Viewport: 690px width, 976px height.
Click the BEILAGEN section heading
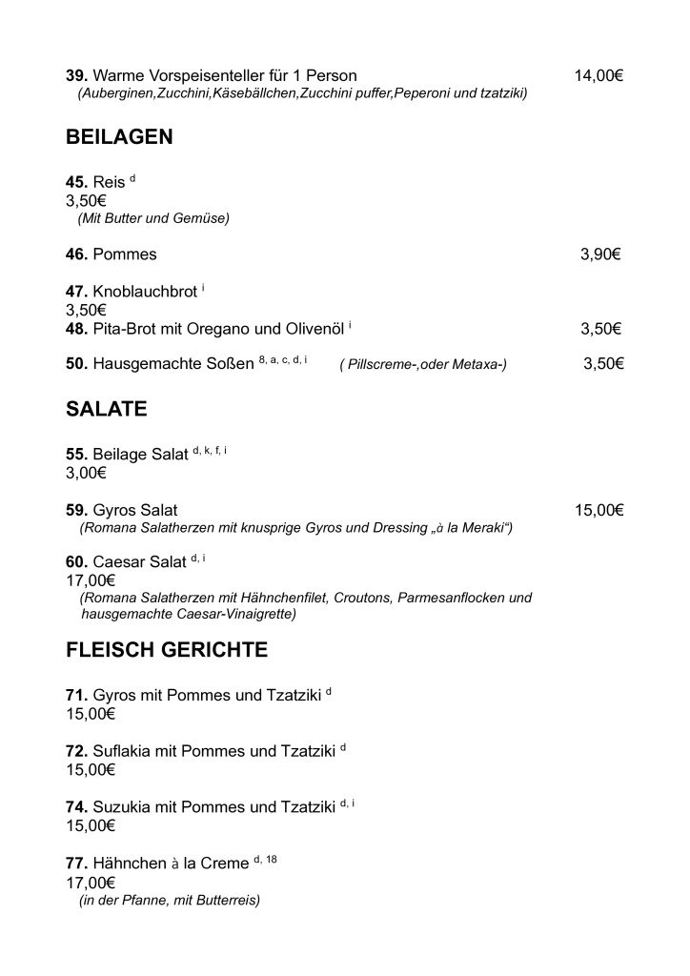coord(119,137)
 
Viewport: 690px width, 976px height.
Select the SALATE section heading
coord(106,410)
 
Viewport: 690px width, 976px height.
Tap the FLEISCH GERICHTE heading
coord(167,651)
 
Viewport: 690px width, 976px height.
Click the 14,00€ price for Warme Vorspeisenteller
coord(599,75)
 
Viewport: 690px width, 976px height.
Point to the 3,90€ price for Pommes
coord(601,254)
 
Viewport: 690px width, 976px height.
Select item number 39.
coord(76,75)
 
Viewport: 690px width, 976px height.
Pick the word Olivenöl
coord(315,330)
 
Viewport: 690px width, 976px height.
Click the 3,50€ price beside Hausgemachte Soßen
coord(603,363)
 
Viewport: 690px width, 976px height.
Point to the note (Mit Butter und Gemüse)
coord(153,218)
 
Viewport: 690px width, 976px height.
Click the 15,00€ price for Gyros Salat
coord(599,511)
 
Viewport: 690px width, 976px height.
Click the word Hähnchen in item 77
coord(131,864)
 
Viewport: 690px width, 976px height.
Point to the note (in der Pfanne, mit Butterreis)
coord(170,900)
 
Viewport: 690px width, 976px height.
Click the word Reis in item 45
coord(109,182)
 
